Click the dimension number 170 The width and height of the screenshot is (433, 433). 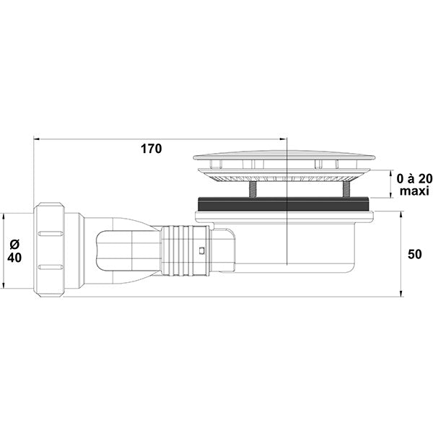click(152, 149)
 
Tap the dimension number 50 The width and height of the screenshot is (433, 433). click(414, 254)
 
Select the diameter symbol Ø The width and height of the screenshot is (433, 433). click(14, 244)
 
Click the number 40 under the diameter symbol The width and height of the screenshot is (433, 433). click(14, 258)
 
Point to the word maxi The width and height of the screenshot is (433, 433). click(414, 191)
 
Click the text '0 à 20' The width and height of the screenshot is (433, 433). click(415, 179)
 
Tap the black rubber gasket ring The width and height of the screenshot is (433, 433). click(285, 204)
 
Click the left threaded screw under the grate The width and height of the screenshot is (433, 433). click(253, 189)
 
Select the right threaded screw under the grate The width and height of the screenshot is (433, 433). click(346, 189)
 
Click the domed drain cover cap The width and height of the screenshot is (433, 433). click(284, 155)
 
